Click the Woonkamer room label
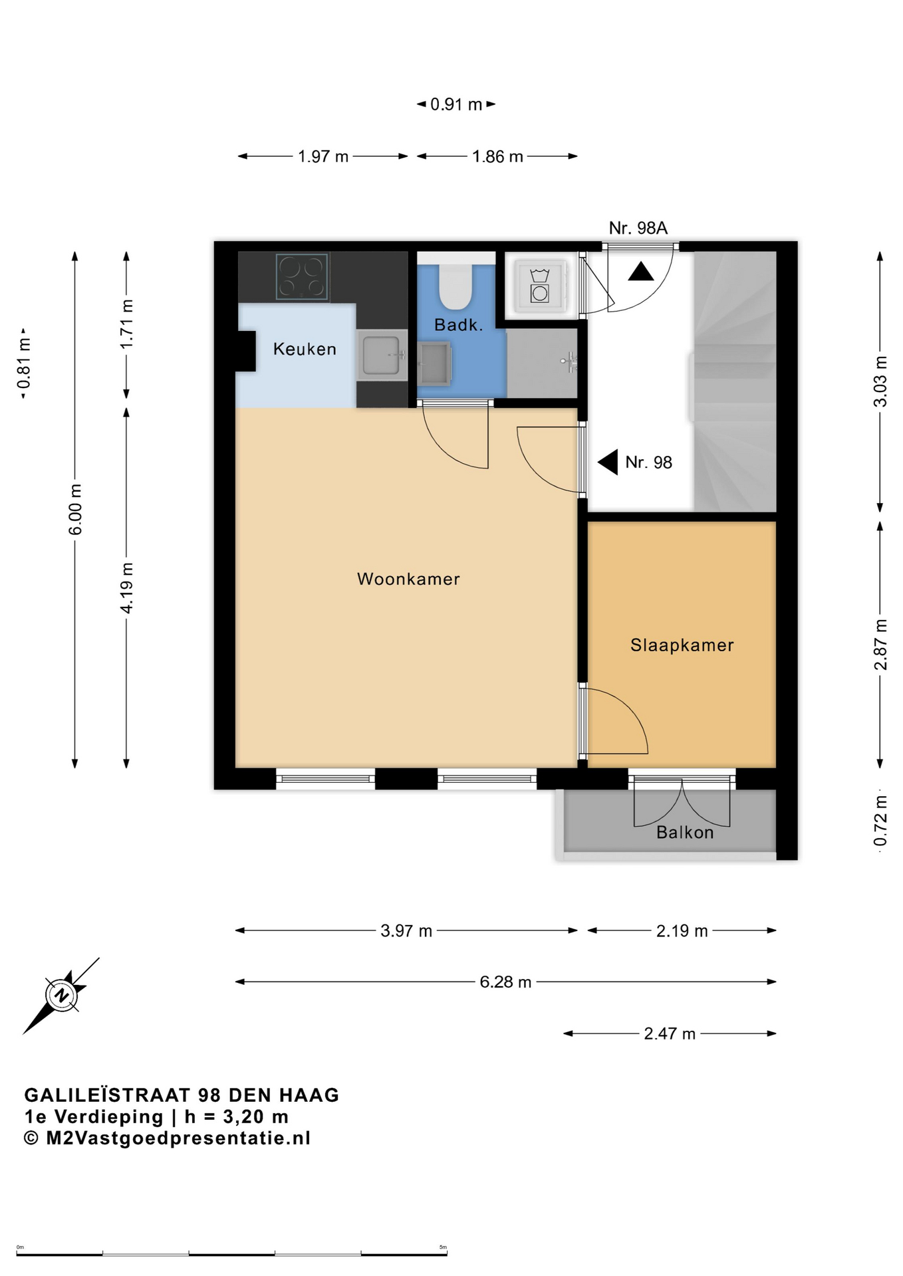(x=408, y=579)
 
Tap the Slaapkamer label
(x=682, y=645)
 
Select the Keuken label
(x=305, y=349)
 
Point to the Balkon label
(x=685, y=833)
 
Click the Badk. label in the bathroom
(x=458, y=325)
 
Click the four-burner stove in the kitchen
(x=303, y=276)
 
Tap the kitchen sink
(x=382, y=355)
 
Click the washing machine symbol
(x=539, y=286)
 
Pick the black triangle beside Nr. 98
(x=609, y=462)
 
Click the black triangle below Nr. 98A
(x=641, y=271)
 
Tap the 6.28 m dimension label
(x=505, y=982)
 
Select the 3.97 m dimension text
(x=406, y=931)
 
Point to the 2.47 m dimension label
(x=670, y=1034)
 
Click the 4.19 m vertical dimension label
(x=126, y=588)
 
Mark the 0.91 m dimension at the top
(x=456, y=104)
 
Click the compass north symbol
(x=61, y=996)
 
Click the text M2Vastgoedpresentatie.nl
(x=178, y=1138)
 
